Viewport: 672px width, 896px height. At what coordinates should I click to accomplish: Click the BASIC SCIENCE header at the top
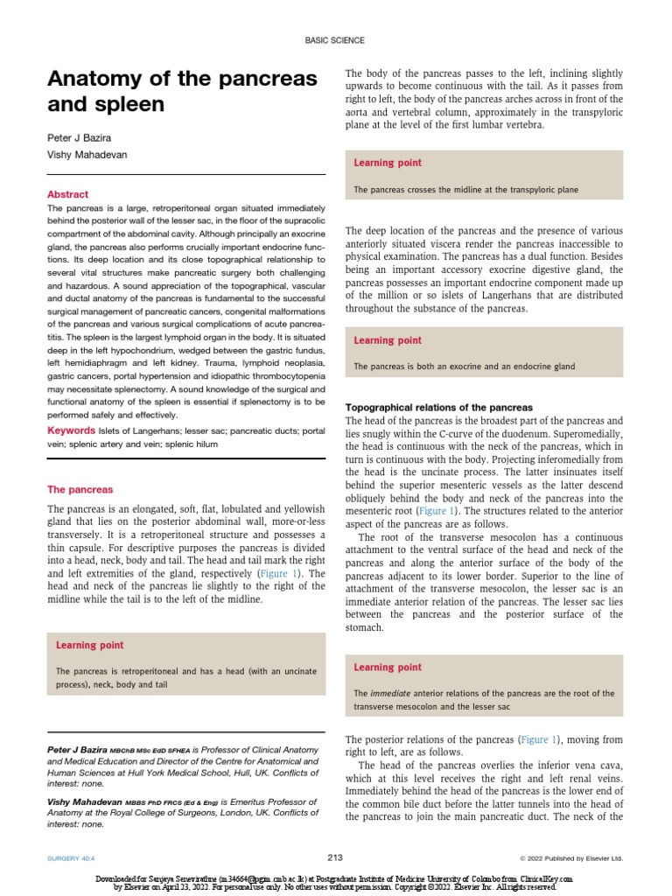(x=335, y=40)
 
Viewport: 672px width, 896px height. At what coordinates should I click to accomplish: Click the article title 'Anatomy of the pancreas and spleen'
(x=181, y=92)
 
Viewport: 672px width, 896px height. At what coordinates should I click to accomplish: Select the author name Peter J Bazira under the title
(x=80, y=138)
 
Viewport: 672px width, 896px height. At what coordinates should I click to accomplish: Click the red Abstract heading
(x=67, y=194)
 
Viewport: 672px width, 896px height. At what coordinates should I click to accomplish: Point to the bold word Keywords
(x=71, y=430)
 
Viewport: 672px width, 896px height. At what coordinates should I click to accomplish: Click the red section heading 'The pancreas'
(x=80, y=489)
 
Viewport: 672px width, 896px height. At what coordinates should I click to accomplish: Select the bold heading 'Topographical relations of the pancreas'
(x=438, y=408)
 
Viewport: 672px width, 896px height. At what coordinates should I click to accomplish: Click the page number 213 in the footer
(x=335, y=857)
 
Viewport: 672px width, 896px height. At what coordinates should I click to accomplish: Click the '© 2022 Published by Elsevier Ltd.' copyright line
(x=571, y=858)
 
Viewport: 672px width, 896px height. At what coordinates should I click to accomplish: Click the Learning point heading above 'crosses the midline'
(x=387, y=163)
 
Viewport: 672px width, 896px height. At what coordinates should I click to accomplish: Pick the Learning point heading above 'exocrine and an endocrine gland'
(x=387, y=340)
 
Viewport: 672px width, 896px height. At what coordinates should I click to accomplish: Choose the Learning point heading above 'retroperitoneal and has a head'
(x=89, y=645)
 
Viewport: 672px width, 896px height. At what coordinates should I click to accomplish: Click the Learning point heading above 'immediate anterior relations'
(x=387, y=667)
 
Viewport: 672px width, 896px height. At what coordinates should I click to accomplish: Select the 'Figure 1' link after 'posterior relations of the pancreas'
(x=541, y=739)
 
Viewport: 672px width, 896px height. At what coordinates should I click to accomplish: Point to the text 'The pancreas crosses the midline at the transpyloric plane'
(x=465, y=189)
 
